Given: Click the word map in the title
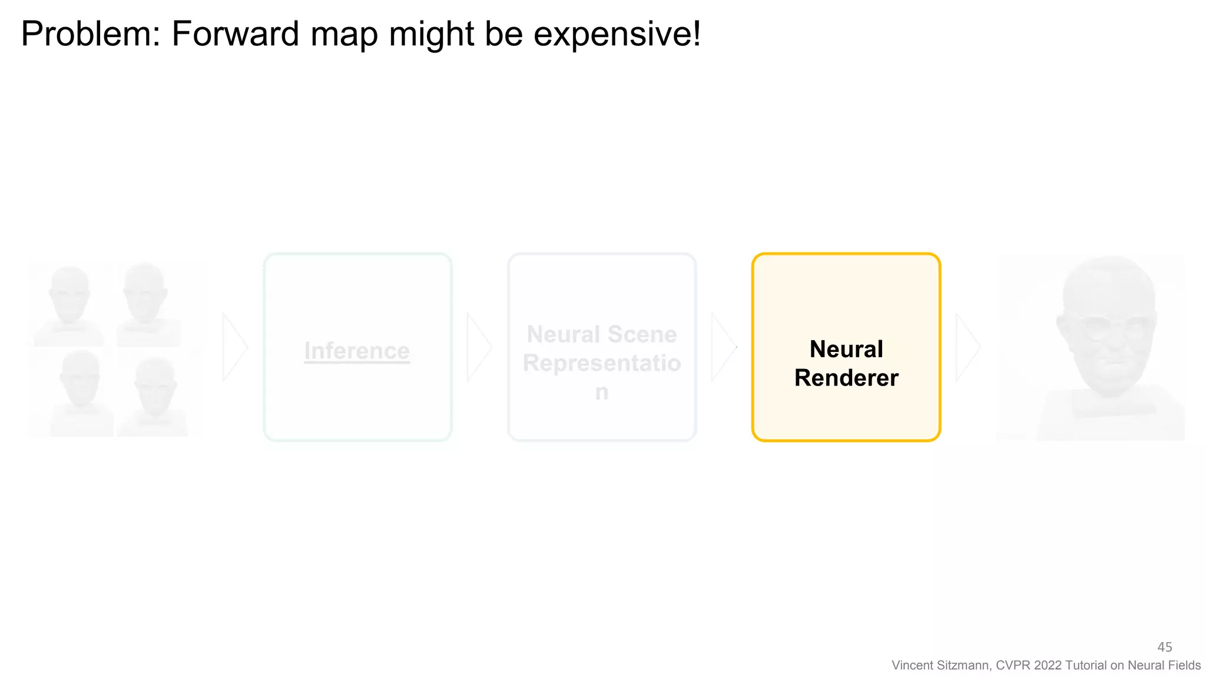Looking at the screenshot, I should (x=344, y=34).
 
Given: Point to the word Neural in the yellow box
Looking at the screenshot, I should (x=846, y=349).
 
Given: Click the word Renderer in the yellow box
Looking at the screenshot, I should (x=846, y=378).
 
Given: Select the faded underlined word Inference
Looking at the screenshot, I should (x=357, y=351).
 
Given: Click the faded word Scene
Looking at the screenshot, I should (x=642, y=334).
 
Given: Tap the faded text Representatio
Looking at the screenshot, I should (x=602, y=363).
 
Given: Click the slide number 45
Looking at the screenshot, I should (x=1164, y=647).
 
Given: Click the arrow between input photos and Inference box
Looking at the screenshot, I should (x=234, y=347).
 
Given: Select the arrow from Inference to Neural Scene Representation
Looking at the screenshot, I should (x=479, y=347).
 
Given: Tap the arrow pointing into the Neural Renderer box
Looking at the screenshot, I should (x=723, y=347).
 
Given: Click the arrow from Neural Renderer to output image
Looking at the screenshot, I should (x=968, y=347).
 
